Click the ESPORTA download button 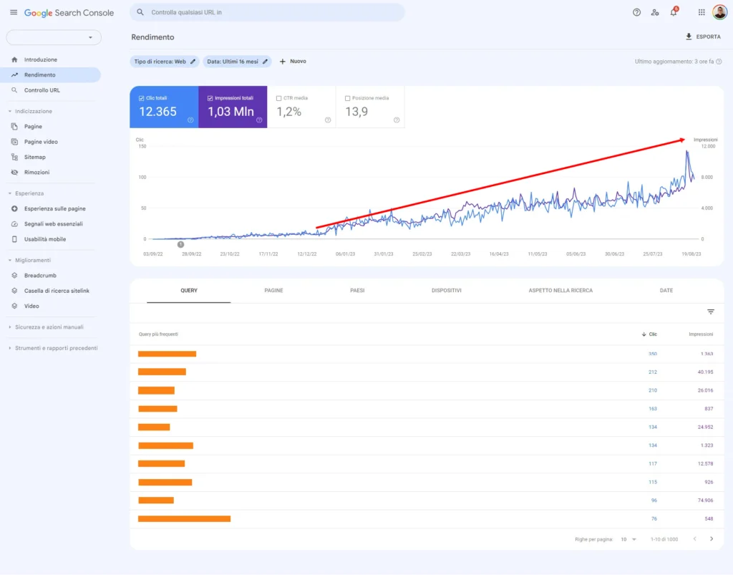click(x=703, y=37)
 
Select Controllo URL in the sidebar click(x=42, y=90)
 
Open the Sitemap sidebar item click(x=34, y=157)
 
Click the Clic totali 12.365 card click(x=164, y=107)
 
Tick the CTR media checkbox click(x=278, y=98)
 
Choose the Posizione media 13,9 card click(x=369, y=107)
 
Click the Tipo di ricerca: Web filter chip click(x=164, y=62)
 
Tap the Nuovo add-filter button click(x=293, y=62)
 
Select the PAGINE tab click(x=273, y=291)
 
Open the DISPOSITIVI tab click(x=446, y=291)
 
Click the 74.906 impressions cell click(x=702, y=500)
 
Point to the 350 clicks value click(x=652, y=354)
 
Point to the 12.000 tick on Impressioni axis click(x=707, y=146)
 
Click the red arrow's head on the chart click(x=684, y=139)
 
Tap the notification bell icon click(x=674, y=12)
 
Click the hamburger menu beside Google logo click(x=14, y=12)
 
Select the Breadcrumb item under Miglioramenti click(x=40, y=275)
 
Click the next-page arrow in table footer click(x=711, y=538)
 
